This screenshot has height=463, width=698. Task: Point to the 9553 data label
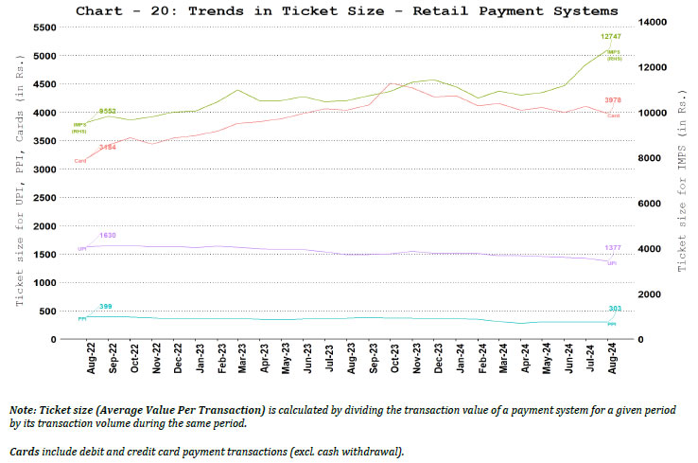[x=107, y=112]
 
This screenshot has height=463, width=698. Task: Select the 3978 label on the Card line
[x=612, y=99]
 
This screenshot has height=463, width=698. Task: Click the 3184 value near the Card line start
[x=107, y=148]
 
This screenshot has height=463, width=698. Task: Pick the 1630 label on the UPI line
[x=107, y=235]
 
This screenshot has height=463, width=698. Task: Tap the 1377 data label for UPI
[x=612, y=248]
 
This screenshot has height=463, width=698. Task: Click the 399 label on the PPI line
[x=106, y=307]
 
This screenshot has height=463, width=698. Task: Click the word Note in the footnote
[x=26, y=408]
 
